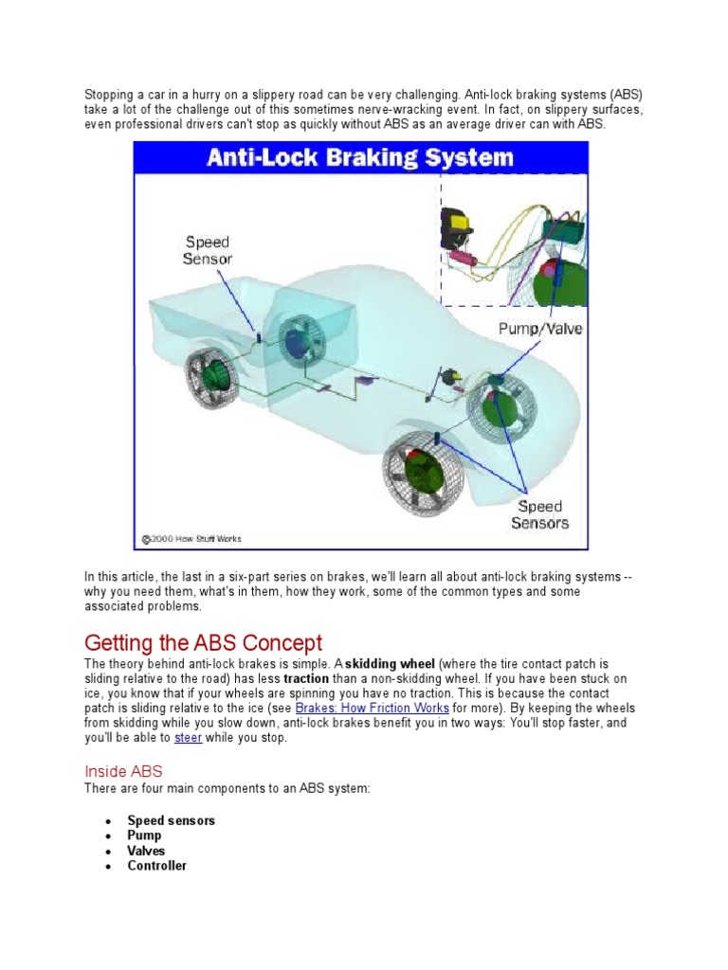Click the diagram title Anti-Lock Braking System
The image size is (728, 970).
[x=360, y=157]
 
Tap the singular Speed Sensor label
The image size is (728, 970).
[x=207, y=250]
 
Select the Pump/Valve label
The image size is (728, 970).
[x=541, y=329]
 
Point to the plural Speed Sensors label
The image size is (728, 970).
[x=539, y=514]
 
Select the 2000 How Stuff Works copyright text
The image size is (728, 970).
[x=192, y=539]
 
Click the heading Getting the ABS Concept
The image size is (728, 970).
[x=204, y=642]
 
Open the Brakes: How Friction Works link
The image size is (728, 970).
[x=372, y=709]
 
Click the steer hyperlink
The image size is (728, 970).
[x=188, y=737]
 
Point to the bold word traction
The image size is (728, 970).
[x=309, y=679]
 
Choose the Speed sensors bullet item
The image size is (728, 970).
[x=171, y=820]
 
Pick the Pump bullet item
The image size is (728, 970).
[x=144, y=835]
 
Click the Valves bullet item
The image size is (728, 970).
[x=146, y=851]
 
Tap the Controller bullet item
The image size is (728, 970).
[x=156, y=866]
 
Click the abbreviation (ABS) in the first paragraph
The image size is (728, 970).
[x=623, y=95]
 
